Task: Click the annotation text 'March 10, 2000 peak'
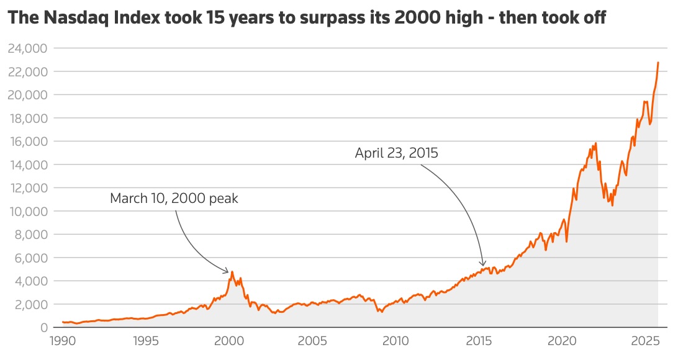tap(174, 199)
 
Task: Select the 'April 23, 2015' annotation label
tap(397, 153)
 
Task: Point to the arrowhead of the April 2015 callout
tap(484, 265)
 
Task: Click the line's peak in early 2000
tap(232, 272)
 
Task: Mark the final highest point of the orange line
tap(658, 63)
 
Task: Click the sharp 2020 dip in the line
tap(566, 241)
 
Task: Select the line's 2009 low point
tap(381, 312)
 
